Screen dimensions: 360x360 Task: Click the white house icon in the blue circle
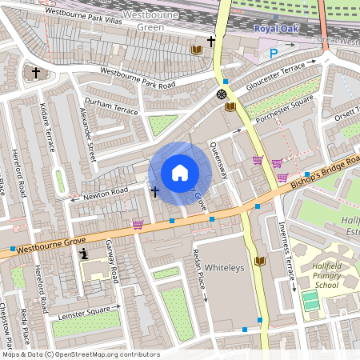180,173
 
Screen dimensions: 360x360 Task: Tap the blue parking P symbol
274,54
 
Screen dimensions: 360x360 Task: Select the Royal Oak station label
275,29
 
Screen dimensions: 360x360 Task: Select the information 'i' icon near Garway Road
84,254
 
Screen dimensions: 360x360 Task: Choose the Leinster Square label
85,310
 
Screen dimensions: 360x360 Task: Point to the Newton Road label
106,192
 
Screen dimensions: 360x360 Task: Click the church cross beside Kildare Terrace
36,73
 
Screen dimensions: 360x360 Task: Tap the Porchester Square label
283,110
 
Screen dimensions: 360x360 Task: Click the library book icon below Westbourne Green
197,50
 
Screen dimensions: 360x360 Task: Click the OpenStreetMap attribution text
80,354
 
